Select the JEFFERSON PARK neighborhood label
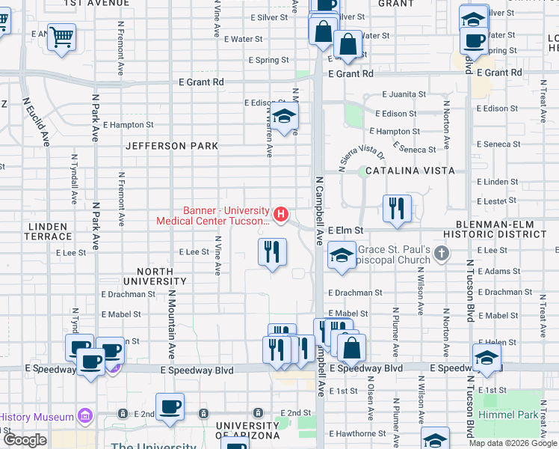(x=171, y=146)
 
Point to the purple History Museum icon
(x=84, y=416)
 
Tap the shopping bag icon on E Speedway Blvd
(x=350, y=347)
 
